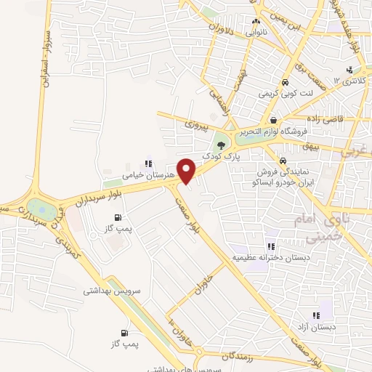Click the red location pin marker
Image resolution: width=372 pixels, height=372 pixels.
(187, 171)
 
